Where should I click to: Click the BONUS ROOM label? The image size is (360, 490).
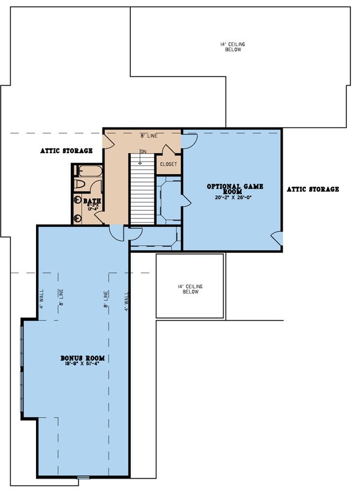(82, 358)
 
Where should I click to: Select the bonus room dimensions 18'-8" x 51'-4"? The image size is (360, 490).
(82, 364)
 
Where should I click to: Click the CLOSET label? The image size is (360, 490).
(168, 163)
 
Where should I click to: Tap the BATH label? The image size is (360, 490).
(92, 201)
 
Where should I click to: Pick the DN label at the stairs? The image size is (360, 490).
(143, 151)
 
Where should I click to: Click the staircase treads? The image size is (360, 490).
(142, 192)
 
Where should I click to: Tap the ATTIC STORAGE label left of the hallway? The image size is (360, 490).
(67, 151)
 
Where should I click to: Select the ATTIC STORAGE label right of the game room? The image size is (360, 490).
(312, 189)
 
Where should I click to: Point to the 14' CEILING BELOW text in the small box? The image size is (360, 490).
(190, 289)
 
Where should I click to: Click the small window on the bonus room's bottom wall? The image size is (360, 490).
(83, 477)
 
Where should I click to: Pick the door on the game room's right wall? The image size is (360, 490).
(276, 238)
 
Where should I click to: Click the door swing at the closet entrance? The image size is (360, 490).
(188, 141)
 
